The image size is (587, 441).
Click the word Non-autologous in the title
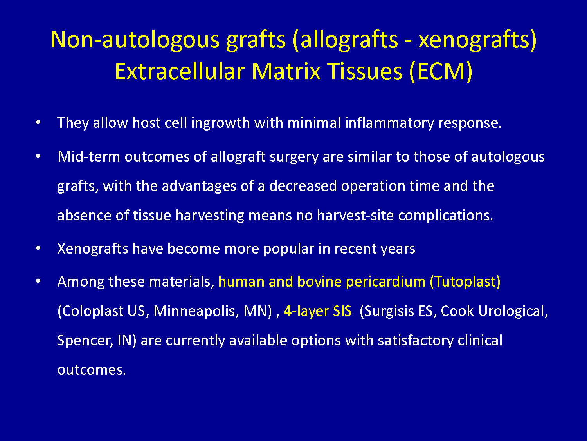pos(135,40)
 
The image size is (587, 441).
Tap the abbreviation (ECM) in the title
pos(441,72)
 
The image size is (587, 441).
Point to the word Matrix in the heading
pos(286,71)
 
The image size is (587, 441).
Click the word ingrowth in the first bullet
pos(220,123)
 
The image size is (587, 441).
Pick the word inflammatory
pos(389,123)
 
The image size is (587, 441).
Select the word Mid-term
pos(89,156)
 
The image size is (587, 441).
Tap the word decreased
pos(303,186)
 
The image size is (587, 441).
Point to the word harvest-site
pos(355,215)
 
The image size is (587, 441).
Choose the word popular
pos(288,249)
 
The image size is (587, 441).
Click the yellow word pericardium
pos(385,282)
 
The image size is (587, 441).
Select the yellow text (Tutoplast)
pos(465,282)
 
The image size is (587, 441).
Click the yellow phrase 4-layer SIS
pos(317,311)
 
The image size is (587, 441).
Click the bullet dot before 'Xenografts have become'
pos(38,248)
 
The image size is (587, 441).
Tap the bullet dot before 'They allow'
pos(38,122)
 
